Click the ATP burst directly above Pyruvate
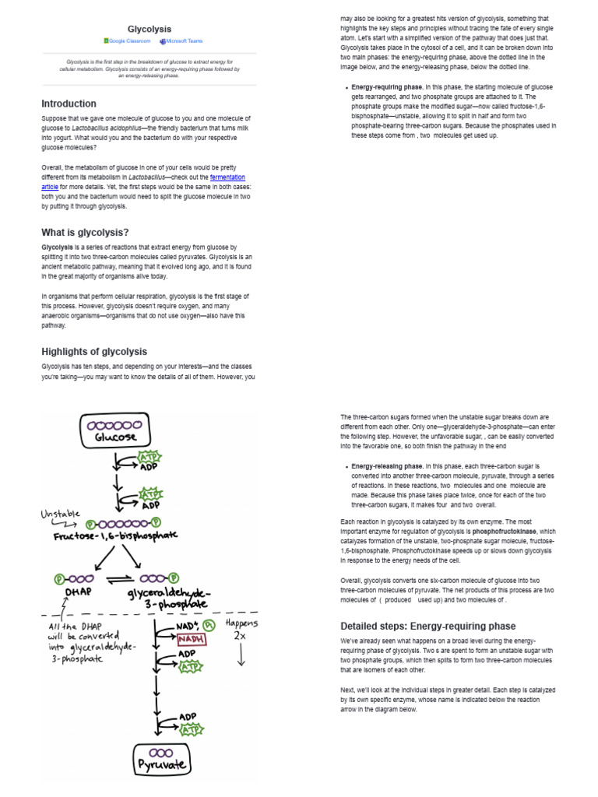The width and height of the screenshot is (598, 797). coord(189,729)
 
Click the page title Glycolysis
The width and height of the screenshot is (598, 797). coord(149,29)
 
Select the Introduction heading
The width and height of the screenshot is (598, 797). coord(69,104)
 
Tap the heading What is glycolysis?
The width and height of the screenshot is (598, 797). coord(85,232)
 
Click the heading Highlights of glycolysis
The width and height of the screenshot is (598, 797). coord(94,351)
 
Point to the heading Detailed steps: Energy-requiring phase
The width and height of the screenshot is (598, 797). coord(428,626)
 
